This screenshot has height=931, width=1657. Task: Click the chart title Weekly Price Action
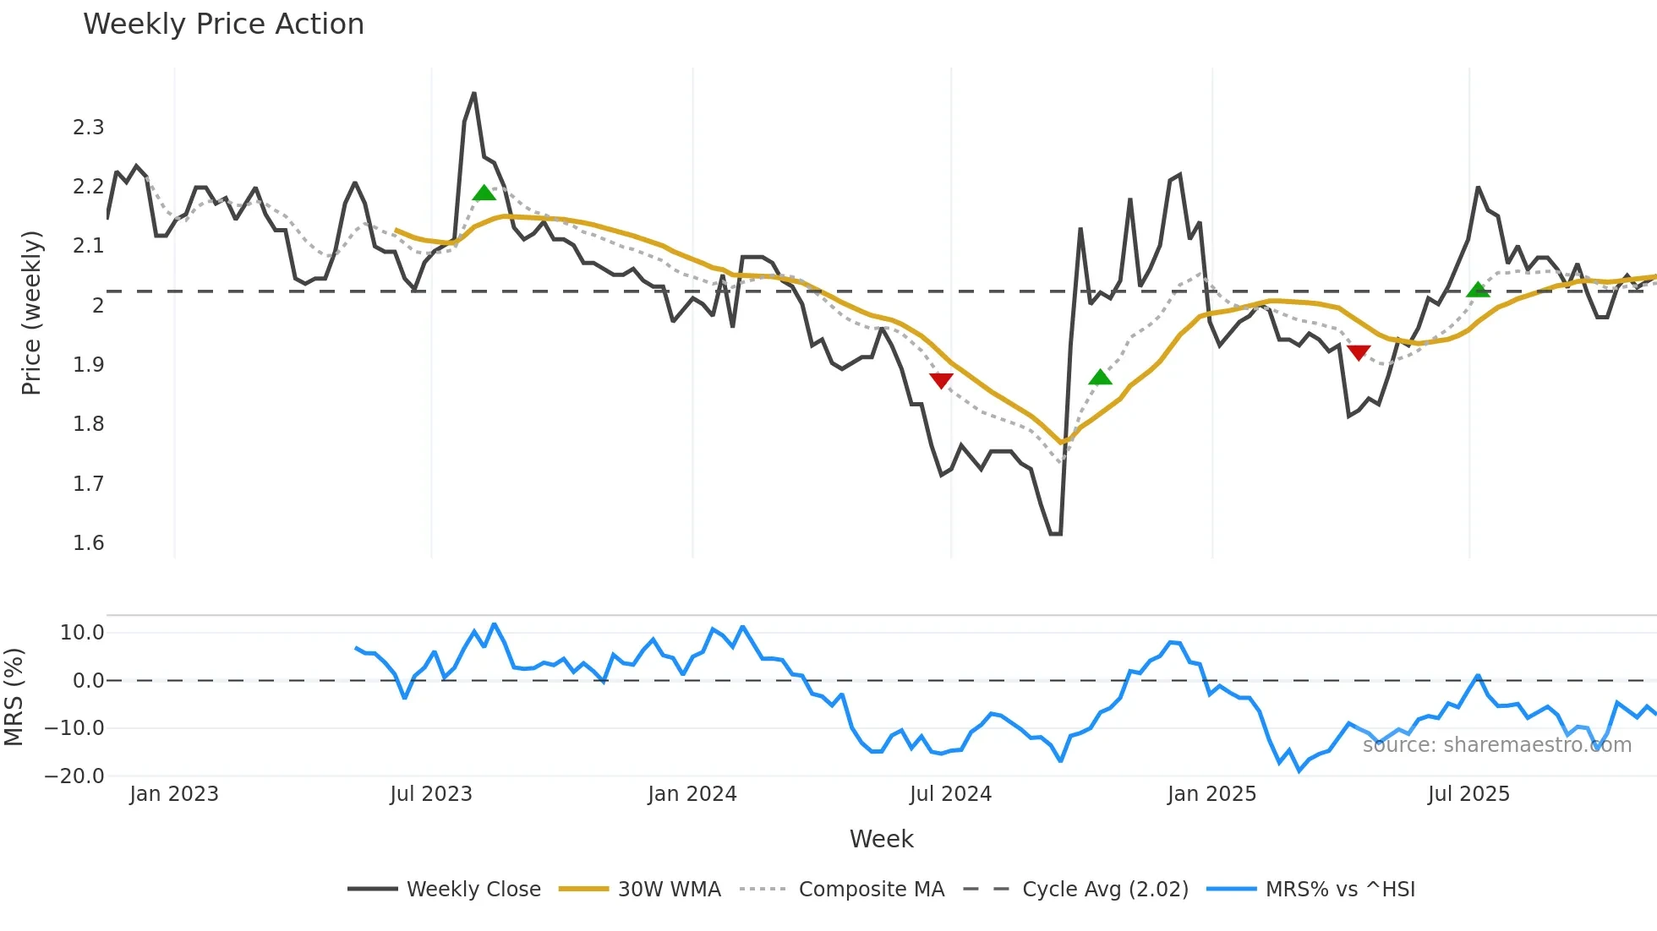point(223,24)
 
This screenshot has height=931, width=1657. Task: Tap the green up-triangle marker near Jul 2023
point(484,193)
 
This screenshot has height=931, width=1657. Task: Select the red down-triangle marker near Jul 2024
point(941,380)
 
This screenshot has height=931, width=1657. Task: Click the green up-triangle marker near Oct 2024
point(1100,377)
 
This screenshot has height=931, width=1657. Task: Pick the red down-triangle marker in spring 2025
point(1359,352)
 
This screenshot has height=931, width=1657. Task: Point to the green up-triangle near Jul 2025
point(1478,290)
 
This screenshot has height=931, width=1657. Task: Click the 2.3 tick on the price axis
point(88,128)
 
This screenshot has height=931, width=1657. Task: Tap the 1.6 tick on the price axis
point(88,543)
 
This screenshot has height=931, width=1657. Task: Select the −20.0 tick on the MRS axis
point(74,776)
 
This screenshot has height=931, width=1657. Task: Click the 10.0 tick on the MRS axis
point(82,633)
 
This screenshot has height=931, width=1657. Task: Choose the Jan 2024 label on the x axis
point(692,794)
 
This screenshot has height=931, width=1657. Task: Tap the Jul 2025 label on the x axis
point(1468,794)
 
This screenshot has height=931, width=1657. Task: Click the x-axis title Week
point(881,839)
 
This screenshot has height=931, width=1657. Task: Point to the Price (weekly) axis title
point(31,313)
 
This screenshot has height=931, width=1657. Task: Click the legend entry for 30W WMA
point(669,890)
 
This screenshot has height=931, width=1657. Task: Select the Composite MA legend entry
point(871,890)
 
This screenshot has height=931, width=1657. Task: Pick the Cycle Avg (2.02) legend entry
point(1104,890)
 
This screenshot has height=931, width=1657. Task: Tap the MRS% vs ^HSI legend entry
point(1339,890)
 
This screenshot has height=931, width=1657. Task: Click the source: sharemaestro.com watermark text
point(1496,745)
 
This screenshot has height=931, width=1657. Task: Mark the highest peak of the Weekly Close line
point(473,94)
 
